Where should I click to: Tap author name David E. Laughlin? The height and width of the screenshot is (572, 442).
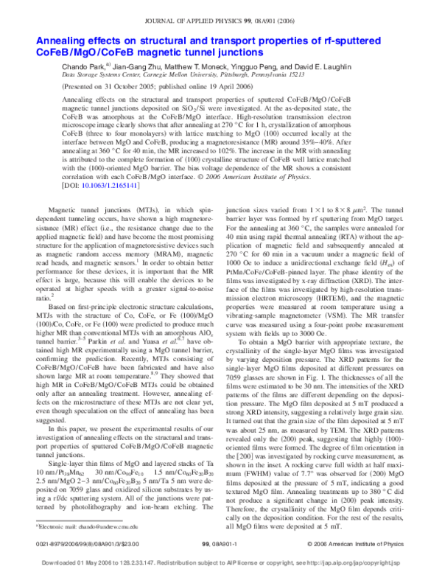point(314,66)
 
